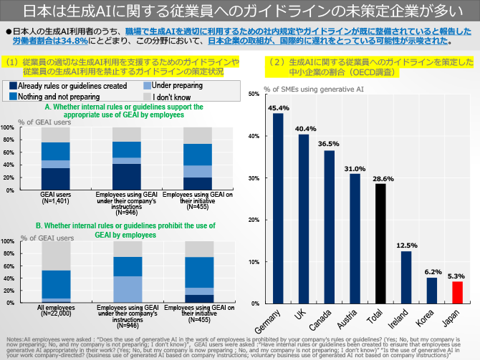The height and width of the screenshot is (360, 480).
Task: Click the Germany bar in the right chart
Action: (x=278, y=208)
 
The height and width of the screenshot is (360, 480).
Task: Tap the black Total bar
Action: (x=380, y=243)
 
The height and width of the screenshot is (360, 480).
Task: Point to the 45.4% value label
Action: (x=278, y=107)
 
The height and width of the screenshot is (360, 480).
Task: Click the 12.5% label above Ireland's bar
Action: (x=406, y=245)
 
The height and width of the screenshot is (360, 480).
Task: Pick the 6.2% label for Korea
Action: (x=432, y=271)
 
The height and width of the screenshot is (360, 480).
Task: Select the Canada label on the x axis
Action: (x=323, y=318)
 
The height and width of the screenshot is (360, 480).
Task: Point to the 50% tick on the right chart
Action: (x=254, y=94)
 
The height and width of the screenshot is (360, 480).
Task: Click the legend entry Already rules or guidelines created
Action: (x=57, y=86)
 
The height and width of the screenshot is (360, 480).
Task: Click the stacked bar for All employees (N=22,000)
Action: (x=55, y=272)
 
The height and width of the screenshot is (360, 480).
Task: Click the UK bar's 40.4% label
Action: (x=304, y=129)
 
